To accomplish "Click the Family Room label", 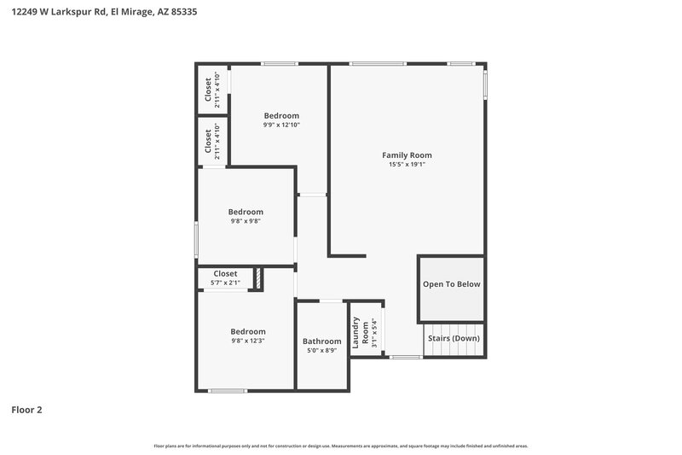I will coord(407,155).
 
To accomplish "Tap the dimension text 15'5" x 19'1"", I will coord(407,165).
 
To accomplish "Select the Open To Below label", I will coord(452,284).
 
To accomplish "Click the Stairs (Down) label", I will coord(454,338).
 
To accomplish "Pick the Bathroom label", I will coord(322,341).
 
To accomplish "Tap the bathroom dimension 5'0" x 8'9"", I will coord(322,351).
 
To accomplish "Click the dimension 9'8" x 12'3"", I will coord(247,341).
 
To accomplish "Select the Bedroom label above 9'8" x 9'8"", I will coord(246,212).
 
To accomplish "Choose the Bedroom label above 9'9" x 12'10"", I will coord(281,116).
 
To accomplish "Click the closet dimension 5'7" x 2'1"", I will coord(225,283).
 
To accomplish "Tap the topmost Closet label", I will coord(208,89).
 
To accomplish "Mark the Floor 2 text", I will coord(26,410).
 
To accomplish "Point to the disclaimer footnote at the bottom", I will coord(341,446).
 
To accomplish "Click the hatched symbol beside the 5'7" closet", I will coord(257,279).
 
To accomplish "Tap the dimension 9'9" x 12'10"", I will coord(281,125).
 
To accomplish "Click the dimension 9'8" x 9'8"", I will coord(246,221).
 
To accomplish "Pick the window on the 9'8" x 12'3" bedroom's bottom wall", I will coord(228,391).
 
